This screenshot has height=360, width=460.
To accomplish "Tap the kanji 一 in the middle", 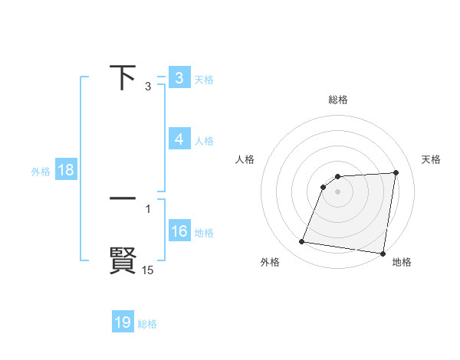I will click(x=123, y=198).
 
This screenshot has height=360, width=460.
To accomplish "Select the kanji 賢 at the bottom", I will click(x=123, y=260).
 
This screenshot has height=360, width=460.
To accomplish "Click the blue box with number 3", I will click(x=179, y=78).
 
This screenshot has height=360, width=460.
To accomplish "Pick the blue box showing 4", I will click(x=179, y=139).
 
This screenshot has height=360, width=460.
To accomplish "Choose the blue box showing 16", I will click(x=179, y=231).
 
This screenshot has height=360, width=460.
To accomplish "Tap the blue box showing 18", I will click(x=65, y=170).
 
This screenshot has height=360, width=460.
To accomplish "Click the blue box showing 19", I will click(x=123, y=322).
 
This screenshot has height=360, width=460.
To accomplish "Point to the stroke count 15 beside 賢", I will click(x=147, y=270).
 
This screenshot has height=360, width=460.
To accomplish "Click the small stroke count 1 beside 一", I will click(x=147, y=208).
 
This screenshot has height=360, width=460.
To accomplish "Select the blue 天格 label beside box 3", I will click(x=204, y=80).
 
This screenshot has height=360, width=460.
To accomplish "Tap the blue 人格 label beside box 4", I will click(x=204, y=141).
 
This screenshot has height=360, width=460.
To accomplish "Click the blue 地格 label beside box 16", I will click(x=204, y=233).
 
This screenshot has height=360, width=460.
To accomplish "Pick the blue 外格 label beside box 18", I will click(x=41, y=172).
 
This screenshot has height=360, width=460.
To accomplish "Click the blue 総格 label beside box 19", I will click(x=147, y=324).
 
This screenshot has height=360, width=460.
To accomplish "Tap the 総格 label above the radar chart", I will click(x=338, y=100).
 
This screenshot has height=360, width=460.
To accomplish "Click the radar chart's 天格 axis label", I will click(x=432, y=159).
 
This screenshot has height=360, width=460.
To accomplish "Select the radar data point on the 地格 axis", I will click(x=382, y=253).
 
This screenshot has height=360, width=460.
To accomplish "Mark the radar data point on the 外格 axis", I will click(x=302, y=242).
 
